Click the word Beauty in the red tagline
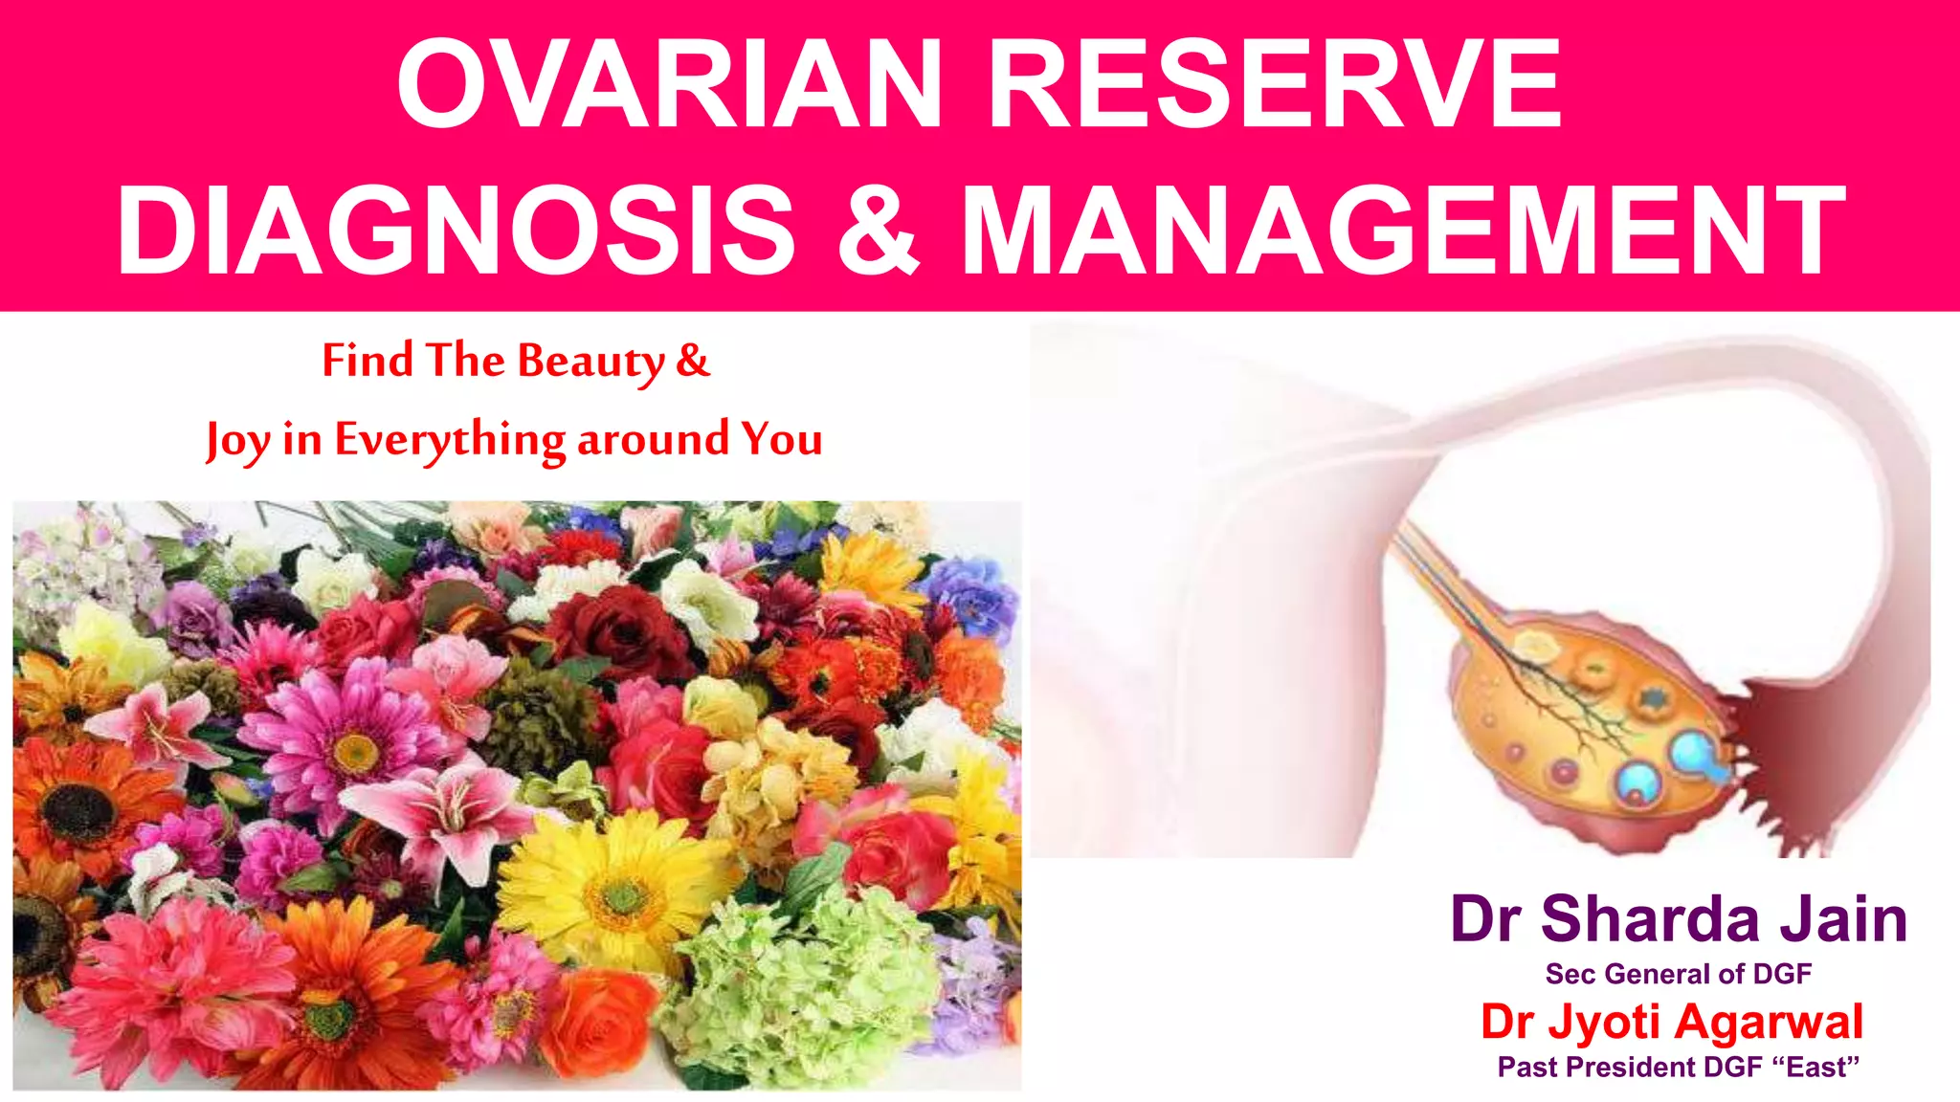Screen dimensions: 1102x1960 tap(590, 361)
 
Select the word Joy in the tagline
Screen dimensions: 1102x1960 tap(238, 440)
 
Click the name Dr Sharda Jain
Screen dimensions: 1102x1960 tap(1679, 919)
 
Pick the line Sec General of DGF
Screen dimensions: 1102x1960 tap(1679, 974)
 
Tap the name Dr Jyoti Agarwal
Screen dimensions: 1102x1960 tap(1672, 1022)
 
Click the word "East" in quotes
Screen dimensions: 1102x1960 tap(1822, 1067)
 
